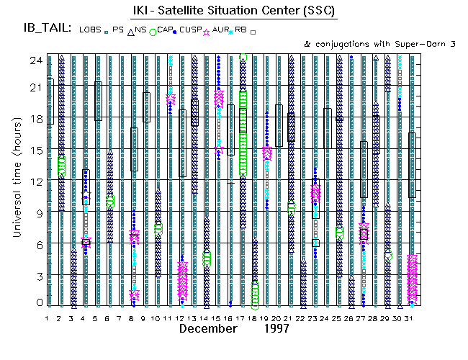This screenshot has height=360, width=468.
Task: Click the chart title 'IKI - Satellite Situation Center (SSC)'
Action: tap(235, 12)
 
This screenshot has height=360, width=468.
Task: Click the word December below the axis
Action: tap(208, 328)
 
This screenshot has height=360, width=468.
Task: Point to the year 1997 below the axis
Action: tap(276, 328)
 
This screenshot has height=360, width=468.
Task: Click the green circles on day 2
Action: tap(62, 166)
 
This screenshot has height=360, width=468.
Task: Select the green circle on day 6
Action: tap(110, 202)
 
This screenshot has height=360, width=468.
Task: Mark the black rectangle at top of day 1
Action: tap(50, 100)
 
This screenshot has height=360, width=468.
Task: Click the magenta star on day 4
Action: tap(86, 242)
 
